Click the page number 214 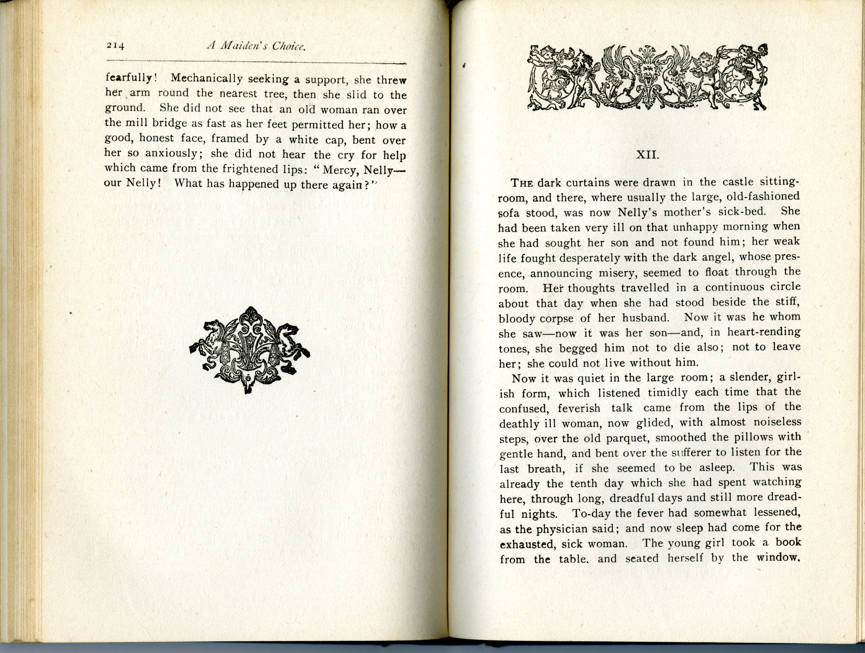point(115,46)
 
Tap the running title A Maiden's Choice point(256,47)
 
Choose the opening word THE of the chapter point(522,183)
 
